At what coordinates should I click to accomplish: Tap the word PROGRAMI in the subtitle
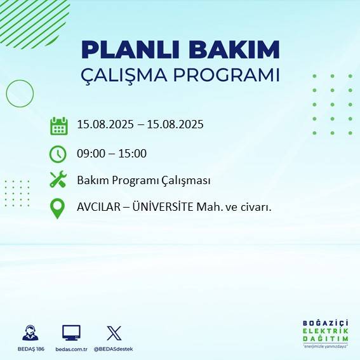click(x=232, y=75)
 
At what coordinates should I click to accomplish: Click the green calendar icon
click(x=58, y=125)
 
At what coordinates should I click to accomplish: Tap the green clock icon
click(x=58, y=153)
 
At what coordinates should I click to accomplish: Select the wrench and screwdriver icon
click(x=58, y=180)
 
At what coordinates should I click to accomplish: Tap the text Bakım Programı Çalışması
click(x=143, y=180)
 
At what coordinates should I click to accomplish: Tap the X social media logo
click(x=114, y=333)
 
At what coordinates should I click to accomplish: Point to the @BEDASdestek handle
click(x=114, y=349)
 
